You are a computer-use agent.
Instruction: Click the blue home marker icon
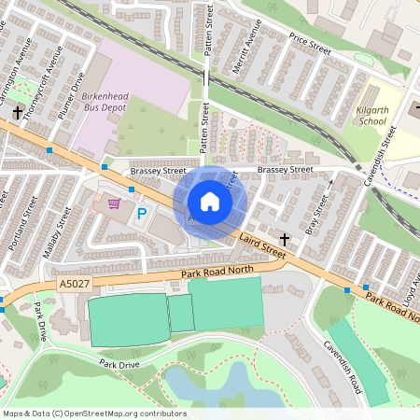(x=210, y=202)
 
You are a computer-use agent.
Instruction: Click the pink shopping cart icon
(x=114, y=203)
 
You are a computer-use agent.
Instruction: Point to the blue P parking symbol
(x=142, y=215)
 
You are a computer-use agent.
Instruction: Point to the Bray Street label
(x=315, y=214)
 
